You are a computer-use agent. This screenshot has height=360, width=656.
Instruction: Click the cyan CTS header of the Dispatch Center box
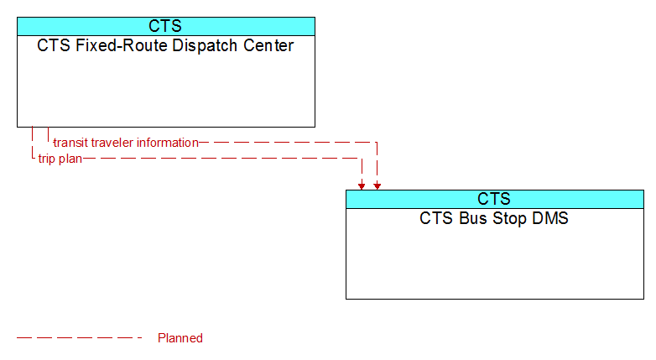165,26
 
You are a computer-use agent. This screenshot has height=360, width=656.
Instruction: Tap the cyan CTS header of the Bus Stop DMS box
494,199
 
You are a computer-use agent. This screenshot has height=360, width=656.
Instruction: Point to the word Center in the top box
268,45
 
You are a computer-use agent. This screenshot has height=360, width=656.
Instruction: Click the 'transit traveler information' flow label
126,143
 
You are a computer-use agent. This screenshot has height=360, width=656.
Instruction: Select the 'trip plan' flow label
60,159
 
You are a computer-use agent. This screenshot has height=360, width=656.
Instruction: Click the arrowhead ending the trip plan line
362,186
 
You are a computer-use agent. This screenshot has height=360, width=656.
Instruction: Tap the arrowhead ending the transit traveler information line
377,186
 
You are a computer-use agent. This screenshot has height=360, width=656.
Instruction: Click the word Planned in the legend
180,338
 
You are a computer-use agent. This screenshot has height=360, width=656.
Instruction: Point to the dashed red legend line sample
80,337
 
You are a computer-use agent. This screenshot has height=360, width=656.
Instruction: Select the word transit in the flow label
70,143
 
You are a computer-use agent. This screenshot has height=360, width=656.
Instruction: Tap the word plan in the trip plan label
70,159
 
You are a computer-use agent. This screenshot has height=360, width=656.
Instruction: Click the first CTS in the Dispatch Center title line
54,45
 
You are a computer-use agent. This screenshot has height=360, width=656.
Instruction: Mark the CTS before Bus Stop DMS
437,218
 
